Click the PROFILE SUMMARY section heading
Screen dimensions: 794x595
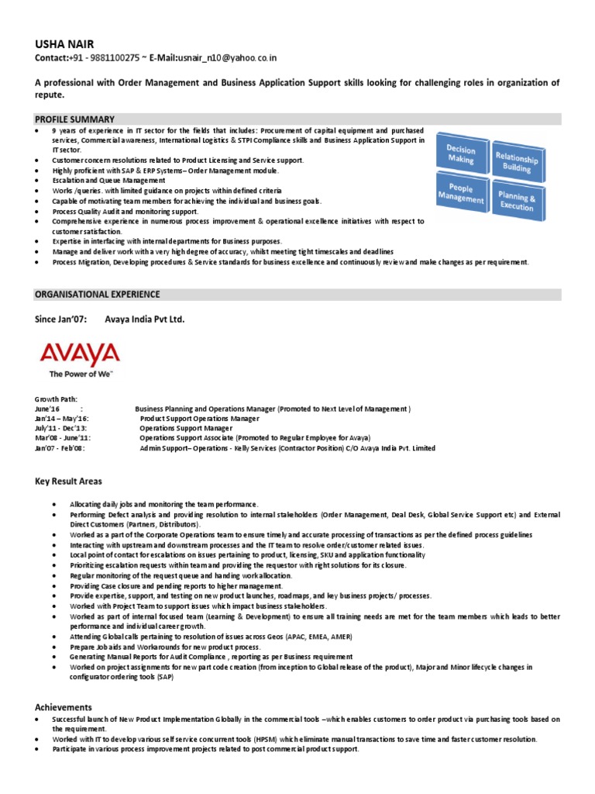click(x=75, y=119)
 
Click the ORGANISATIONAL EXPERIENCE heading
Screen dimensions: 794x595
click(x=98, y=295)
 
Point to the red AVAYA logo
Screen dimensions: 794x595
click(x=80, y=355)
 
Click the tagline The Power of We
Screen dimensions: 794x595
click(x=81, y=374)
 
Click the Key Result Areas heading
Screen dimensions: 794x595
click(x=68, y=482)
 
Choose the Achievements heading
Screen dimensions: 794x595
click(x=64, y=707)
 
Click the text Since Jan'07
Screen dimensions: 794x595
click(x=58, y=319)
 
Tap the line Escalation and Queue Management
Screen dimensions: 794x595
click(x=108, y=180)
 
